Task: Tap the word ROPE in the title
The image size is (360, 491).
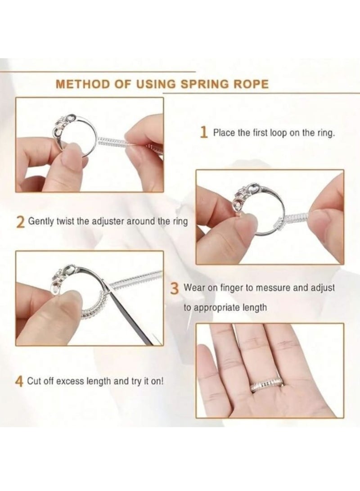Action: pyautogui.click(x=255, y=84)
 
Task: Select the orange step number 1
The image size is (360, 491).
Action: pyautogui.click(x=204, y=133)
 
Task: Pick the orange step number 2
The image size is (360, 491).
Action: pyautogui.click(x=20, y=222)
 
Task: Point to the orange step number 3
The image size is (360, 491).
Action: pyautogui.click(x=175, y=288)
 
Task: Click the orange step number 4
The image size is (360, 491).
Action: pyautogui.click(x=20, y=382)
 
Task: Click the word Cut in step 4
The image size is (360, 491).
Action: pyautogui.click(x=34, y=382)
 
